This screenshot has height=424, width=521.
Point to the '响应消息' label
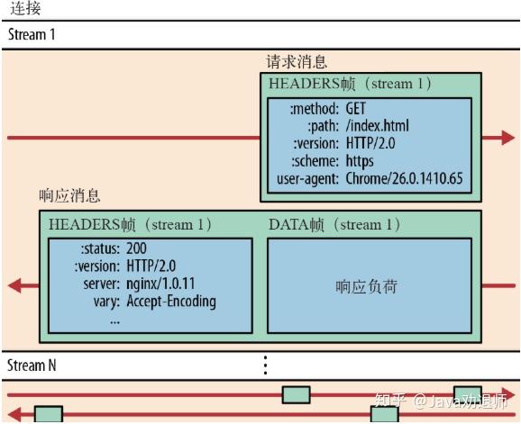point(70,195)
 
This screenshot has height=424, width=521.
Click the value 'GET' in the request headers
point(358,108)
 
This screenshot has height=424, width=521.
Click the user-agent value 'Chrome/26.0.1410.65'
point(403,179)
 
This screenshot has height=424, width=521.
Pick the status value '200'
point(137,248)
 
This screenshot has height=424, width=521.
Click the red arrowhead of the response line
point(15,286)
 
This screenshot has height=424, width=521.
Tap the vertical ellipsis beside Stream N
point(264,365)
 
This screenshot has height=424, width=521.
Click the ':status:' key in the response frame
point(98,248)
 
